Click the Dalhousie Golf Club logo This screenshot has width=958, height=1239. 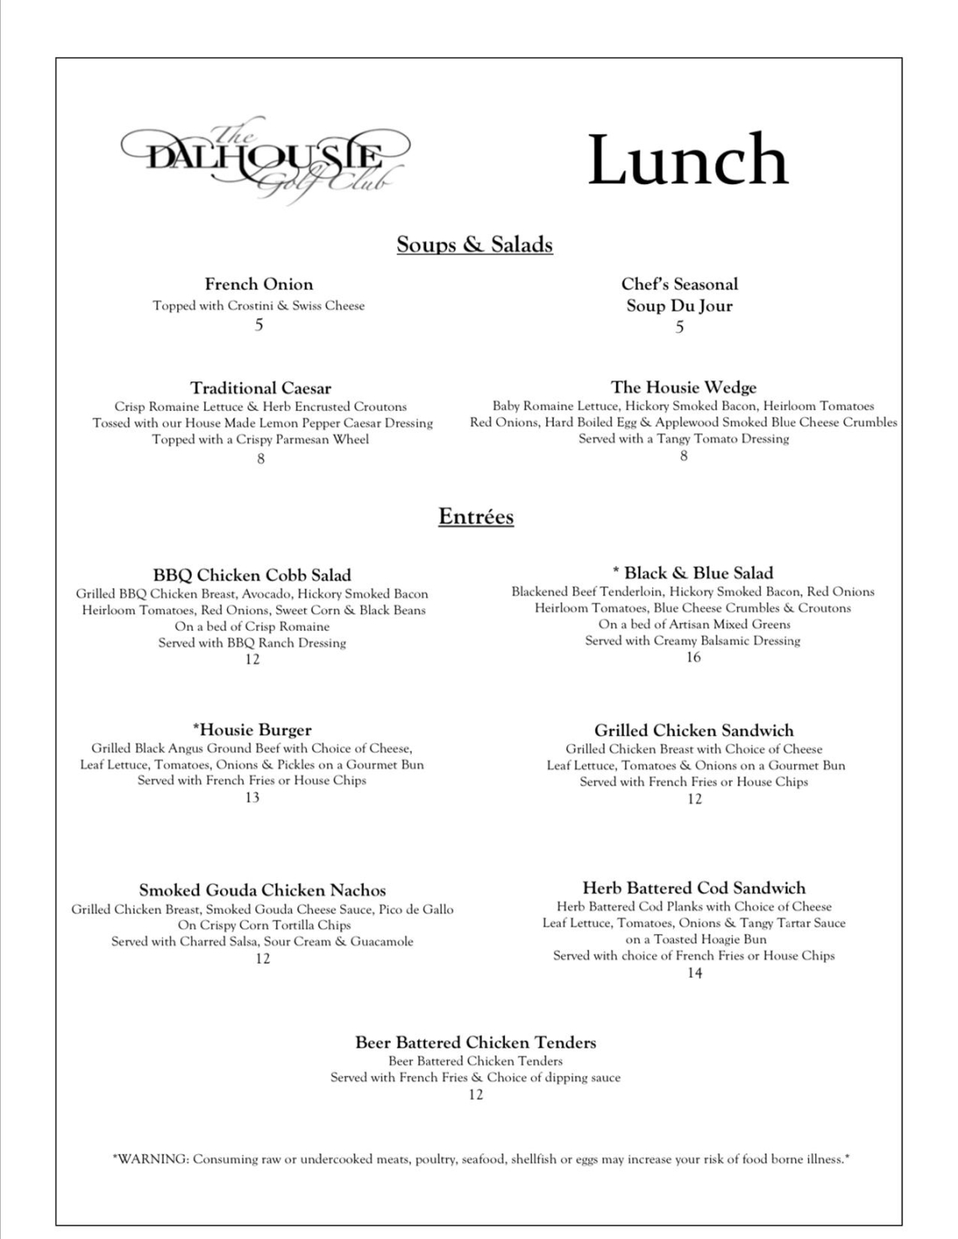pos(266,160)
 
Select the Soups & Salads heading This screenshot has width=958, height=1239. pos(475,244)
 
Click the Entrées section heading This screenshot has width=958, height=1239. pos(476,516)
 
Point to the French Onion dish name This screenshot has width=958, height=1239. pos(259,284)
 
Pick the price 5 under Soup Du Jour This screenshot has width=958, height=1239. pos(680,327)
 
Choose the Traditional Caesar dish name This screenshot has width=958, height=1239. pos(261,388)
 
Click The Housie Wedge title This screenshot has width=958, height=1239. pos(683,387)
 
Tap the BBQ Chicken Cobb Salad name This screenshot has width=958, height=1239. pos(252,575)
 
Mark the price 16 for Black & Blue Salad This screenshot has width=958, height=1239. pos(693,657)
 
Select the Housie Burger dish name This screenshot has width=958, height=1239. pos(253,730)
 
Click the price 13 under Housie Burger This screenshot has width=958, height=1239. pos(252,797)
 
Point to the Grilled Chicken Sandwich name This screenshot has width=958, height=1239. pos(694,730)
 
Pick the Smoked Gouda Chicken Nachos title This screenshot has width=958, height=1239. pos(262,890)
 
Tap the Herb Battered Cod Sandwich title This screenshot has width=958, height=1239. pos(694,888)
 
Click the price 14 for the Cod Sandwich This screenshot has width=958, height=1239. pos(694,973)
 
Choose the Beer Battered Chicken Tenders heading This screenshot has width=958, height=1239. pos(476,1042)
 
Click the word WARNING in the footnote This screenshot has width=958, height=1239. pos(154,1159)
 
